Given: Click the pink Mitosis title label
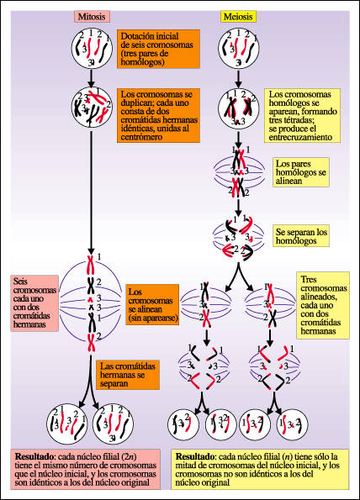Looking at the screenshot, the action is (92, 17).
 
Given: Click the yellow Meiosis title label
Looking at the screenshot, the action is (238, 17).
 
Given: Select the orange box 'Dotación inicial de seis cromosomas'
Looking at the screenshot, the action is (159, 49).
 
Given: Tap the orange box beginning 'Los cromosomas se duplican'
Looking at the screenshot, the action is (159, 115).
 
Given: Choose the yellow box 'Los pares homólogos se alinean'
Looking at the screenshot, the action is (301, 172).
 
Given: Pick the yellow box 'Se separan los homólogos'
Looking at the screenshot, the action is (301, 236).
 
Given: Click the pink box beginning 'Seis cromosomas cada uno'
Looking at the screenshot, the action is (34, 303).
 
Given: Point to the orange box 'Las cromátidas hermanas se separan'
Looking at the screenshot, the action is (128, 375).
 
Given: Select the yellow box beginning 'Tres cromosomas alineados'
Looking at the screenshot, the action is (323, 305).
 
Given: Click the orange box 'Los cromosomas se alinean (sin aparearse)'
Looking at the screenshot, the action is (152, 304).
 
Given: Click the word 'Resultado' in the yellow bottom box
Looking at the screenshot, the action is (194, 456).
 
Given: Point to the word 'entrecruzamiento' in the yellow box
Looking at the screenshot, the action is (300, 137).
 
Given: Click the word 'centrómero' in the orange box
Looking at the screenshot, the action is (141, 137).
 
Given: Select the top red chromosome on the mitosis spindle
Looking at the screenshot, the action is (91, 265).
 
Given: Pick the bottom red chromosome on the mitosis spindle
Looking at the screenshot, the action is (92, 342).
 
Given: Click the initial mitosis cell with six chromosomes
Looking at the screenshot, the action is (92, 49).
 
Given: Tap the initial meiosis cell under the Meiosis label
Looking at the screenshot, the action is (238, 49).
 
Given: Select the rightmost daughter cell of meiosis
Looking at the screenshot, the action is (292, 425).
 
